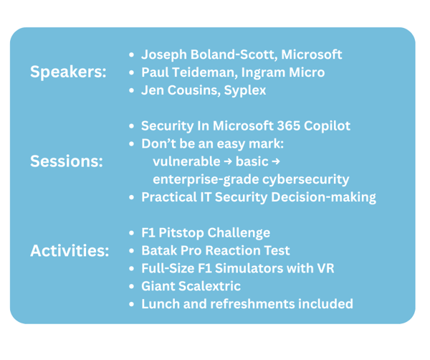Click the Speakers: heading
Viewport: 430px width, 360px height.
[67, 72]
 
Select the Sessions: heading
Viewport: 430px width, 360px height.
[66, 161]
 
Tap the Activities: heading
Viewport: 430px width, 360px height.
[70, 251]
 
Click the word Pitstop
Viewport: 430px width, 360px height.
[185, 233]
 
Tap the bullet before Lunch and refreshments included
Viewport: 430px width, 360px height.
[130, 304]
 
